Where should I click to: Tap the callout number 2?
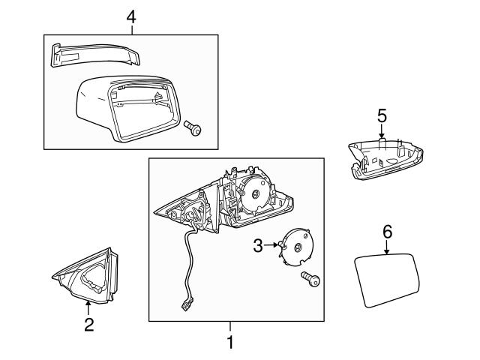click(88, 325)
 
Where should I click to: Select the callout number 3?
click(257, 244)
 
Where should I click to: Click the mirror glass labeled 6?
click(387, 279)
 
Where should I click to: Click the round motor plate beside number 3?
click(298, 247)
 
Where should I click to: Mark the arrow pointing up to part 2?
click(88, 306)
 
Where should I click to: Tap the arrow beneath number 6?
click(387, 249)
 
